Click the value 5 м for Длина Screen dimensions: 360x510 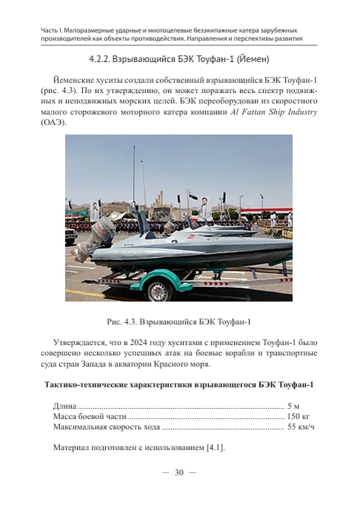coord(293,406)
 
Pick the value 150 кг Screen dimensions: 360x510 coord(298,417)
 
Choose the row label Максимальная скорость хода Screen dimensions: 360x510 coord(106,428)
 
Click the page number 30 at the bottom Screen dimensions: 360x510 coord(179,474)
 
